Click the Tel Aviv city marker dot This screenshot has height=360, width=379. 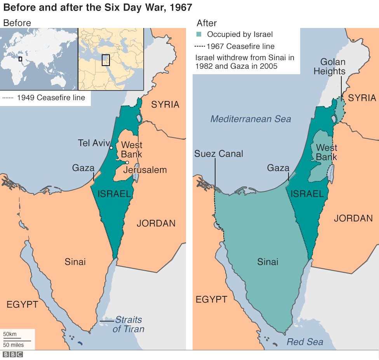111,148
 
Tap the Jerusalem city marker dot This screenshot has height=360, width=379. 127,162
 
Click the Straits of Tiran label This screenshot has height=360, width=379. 128,325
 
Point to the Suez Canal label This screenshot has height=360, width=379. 219,154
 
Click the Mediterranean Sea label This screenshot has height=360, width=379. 250,119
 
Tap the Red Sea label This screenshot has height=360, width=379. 305,342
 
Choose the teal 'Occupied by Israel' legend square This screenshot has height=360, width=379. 199,34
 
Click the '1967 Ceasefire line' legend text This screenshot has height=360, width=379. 240,46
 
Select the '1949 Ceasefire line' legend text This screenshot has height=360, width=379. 51,97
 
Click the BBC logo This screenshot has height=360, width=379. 13,354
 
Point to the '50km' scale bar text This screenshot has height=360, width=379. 10,334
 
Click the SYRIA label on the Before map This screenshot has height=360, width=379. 165,104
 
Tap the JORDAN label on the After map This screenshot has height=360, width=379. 353,218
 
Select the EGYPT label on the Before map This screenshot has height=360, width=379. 22,304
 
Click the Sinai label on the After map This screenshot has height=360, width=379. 268,262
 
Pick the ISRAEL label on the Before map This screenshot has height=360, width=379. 114,193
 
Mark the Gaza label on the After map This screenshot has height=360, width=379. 278,168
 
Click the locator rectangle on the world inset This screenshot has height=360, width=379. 20,59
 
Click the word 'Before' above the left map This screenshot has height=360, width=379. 17,23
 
